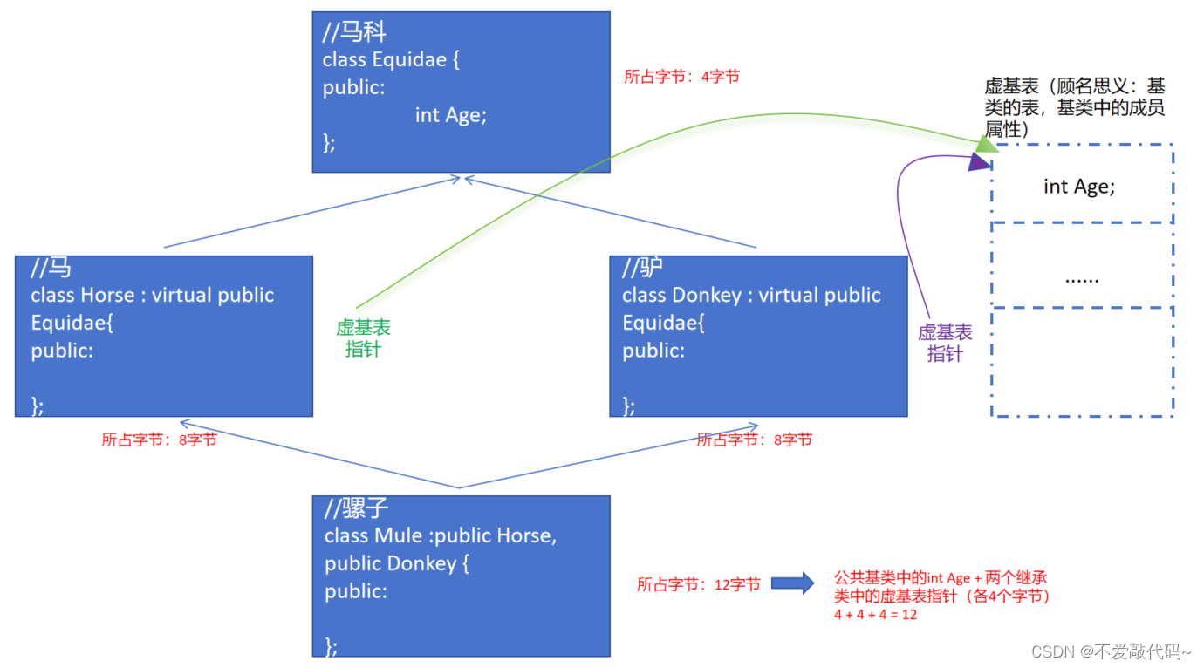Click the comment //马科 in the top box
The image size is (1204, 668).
pyautogui.click(x=354, y=33)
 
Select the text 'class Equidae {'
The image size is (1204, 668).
pyautogui.click(x=390, y=59)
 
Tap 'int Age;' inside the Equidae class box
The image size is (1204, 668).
pyautogui.click(x=450, y=114)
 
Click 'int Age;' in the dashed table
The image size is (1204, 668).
pyautogui.click(x=1079, y=186)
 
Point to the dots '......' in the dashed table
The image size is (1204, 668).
pyautogui.click(x=1082, y=279)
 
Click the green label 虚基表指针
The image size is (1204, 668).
pyautogui.click(x=363, y=338)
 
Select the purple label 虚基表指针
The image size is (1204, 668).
pyautogui.click(x=945, y=343)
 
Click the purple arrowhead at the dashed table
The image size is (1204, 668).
pyautogui.click(x=979, y=161)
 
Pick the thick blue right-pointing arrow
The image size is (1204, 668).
pyautogui.click(x=793, y=583)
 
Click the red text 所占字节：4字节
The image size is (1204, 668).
pyautogui.click(x=681, y=77)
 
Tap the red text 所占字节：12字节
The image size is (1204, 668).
pyautogui.click(x=698, y=584)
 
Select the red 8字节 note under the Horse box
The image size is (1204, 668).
pyautogui.click(x=159, y=440)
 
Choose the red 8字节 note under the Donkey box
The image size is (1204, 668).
pyautogui.click(x=754, y=440)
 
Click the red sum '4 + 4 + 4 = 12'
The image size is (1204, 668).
pyautogui.click(x=875, y=615)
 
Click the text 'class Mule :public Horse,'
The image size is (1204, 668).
pyautogui.click(x=441, y=535)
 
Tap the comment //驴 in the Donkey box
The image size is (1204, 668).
pyautogui.click(x=642, y=267)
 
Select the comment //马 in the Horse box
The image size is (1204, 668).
pyautogui.click(x=51, y=267)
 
